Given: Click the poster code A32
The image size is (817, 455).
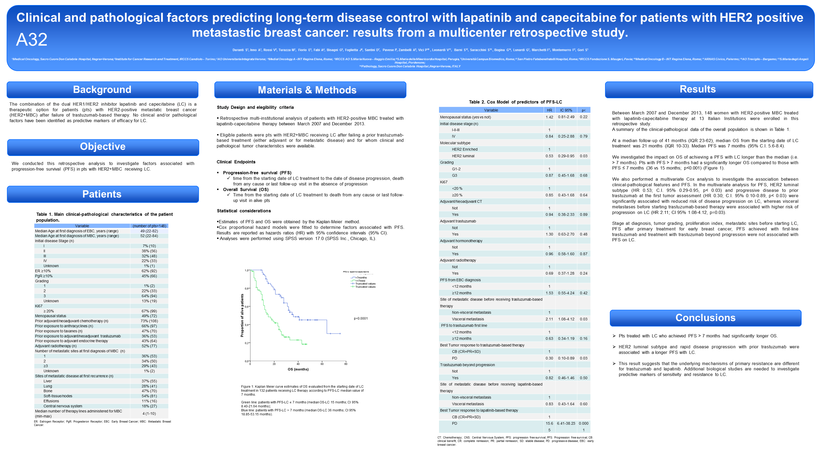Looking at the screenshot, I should coord(32,40).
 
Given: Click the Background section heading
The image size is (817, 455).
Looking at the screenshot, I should coord(102,89).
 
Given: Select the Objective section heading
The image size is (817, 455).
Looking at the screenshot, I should coord(103,146).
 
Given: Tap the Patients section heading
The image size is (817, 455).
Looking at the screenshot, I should coord(102,194).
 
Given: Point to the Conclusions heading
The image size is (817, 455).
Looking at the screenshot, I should coord(705,318).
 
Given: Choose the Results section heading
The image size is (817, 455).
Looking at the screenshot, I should coord(698,89).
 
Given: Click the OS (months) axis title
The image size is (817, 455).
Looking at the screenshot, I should coord(298,369).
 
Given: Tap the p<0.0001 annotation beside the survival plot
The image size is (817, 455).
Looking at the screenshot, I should coord(361,318).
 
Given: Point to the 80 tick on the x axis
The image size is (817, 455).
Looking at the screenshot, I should coord(346,364).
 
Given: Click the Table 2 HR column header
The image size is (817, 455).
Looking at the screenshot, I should coord(549,110).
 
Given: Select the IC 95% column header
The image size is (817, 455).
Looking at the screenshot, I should coord(566,110).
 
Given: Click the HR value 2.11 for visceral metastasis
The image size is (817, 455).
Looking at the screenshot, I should coord(549,319).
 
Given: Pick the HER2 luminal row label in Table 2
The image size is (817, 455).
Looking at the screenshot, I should coord(463,156).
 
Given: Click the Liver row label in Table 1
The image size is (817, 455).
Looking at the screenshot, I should coord(48,381).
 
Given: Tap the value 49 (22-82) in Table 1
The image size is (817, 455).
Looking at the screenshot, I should coord(149,231).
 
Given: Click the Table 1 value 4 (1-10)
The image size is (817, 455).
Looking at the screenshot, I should coord(149,413).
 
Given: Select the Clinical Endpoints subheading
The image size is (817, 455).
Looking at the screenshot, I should coord(236,162).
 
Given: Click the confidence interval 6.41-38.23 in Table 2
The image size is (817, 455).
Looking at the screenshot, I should coord(566,423).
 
